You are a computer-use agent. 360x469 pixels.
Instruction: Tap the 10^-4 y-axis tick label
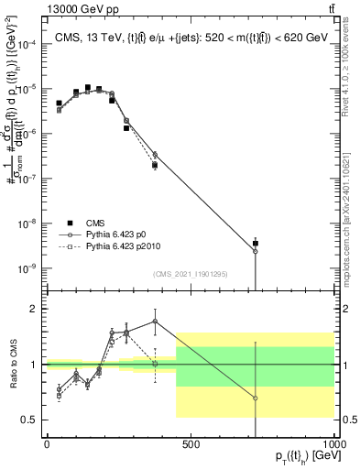(27, 44)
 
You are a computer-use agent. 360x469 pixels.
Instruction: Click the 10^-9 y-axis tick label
(27, 268)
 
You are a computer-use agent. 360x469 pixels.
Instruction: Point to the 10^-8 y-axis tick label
(27, 224)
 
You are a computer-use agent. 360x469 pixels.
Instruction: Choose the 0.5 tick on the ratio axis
(30, 420)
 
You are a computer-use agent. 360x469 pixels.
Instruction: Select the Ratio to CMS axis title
(12, 365)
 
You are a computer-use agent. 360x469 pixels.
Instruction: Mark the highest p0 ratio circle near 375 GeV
(155, 322)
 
